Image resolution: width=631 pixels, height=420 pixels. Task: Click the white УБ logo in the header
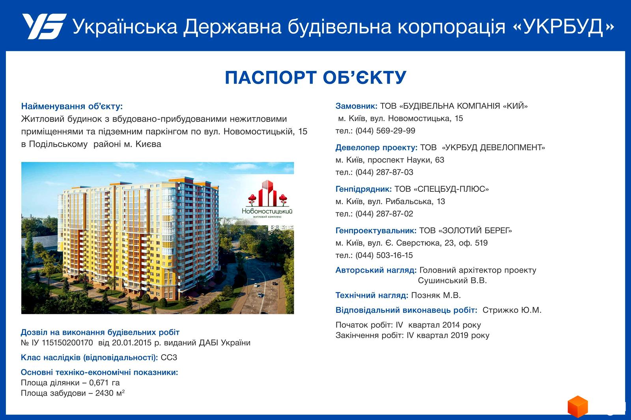[44, 26]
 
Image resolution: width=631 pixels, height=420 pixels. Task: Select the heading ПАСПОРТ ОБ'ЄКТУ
[315, 78]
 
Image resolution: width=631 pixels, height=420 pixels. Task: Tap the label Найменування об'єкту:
[72, 106]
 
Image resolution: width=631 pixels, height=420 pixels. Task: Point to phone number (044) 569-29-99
[385, 131]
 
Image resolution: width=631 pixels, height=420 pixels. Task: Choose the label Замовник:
[357, 106]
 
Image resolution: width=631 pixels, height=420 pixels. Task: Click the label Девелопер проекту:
[376, 147]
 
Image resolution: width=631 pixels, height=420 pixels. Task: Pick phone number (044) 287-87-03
[384, 172]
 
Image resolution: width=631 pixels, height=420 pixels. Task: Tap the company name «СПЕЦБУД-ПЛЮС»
[451, 189]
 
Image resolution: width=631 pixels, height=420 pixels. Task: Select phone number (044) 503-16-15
[384, 255]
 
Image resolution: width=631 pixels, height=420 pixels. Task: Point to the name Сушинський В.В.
[452, 281]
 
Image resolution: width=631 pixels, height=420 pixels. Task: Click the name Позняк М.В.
[436, 295]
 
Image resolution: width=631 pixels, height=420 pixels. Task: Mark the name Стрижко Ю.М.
[512, 310]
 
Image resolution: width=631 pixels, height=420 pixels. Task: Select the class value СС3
[169, 357]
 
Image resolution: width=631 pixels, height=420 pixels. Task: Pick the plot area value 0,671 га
[104, 383]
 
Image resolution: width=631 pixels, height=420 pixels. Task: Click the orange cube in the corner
[577, 406]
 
